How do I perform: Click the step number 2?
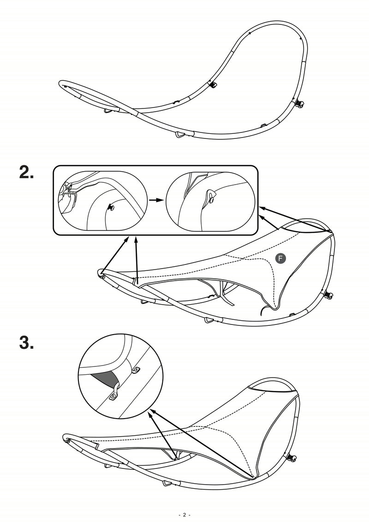pos(26,173)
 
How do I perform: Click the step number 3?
pos(26,343)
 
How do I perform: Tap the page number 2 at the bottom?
pos(184,515)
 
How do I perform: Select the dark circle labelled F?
pos(280,259)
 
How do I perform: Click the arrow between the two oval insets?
pos(156,201)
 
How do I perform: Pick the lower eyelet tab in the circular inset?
pos(113,396)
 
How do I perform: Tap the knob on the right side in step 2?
pos(329,294)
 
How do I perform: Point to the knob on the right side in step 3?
pos(292,458)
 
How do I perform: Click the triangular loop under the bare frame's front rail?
pos(179,134)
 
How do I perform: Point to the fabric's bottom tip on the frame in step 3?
pos(253,477)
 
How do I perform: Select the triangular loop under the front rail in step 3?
pos(167,484)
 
